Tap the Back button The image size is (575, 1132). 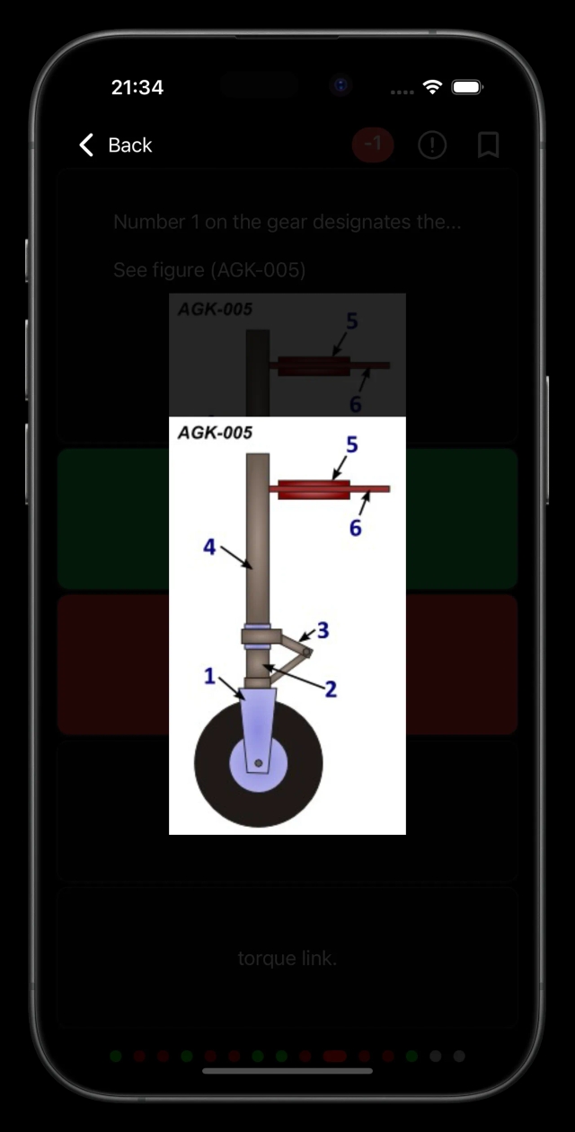coord(115,145)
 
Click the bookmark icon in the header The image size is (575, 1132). coord(488,145)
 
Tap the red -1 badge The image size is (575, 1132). coord(372,145)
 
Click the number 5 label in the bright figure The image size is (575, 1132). coord(352,445)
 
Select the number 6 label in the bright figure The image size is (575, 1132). coord(356,529)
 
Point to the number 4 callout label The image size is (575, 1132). coord(209,546)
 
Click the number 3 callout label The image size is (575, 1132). coord(323,631)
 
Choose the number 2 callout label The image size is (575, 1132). coord(331,689)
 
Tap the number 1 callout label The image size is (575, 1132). coord(209,676)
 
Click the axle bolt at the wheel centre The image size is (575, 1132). coord(259,763)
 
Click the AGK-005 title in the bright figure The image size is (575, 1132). coord(215,434)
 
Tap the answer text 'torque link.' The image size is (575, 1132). coord(287,959)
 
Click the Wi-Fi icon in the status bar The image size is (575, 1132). coord(432,87)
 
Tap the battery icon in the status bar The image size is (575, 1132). coord(466,87)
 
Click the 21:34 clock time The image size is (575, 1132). coord(137,87)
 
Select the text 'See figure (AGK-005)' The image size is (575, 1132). coord(209,269)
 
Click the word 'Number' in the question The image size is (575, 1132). coord(144,223)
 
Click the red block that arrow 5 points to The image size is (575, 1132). coord(314,489)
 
